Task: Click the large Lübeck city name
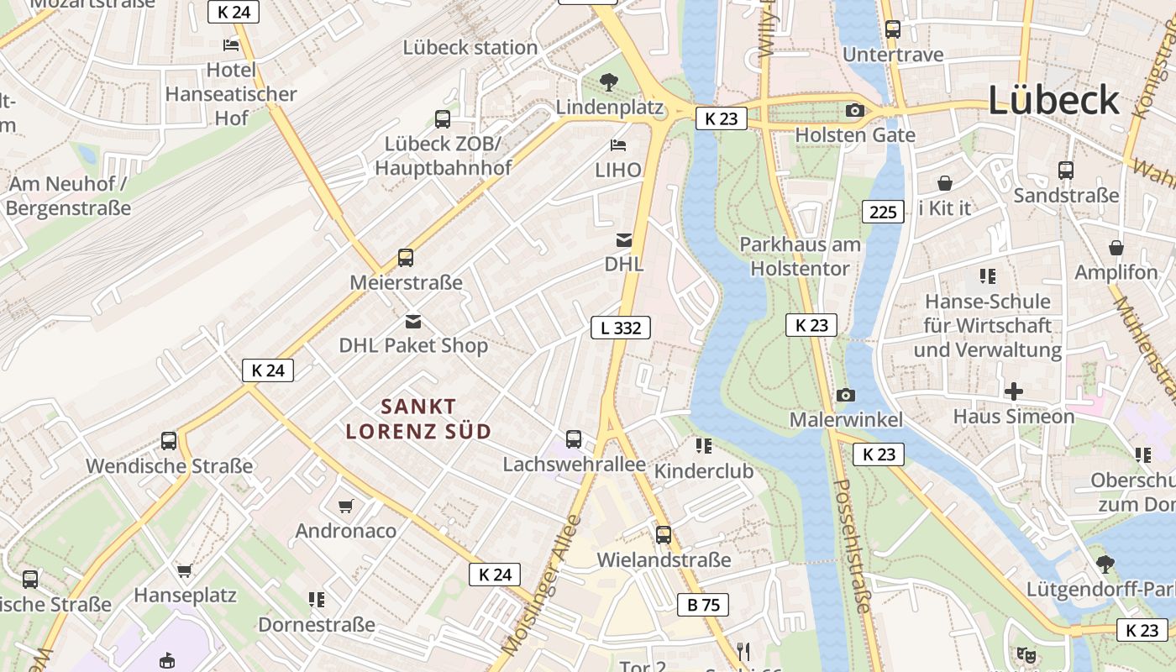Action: pos(1053,101)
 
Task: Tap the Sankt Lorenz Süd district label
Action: pos(418,419)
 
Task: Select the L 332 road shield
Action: pos(621,328)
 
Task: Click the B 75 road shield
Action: pos(702,604)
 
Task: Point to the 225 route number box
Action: pos(883,212)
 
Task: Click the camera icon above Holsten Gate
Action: pos(855,111)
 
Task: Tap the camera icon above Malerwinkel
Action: pos(846,395)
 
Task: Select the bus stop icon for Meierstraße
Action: pos(406,258)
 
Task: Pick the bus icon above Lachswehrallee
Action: pos(574,439)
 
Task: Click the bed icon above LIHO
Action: pos(618,145)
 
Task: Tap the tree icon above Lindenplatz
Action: pos(609,82)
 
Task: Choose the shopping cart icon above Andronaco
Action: pos(345,506)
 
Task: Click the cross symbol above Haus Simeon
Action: pos(1014,391)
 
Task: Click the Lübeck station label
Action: pos(470,47)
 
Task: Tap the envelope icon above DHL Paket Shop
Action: pos(413,321)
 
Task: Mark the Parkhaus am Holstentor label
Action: pos(800,256)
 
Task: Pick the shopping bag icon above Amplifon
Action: pos(1116,248)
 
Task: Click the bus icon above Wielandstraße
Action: pos(664,535)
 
